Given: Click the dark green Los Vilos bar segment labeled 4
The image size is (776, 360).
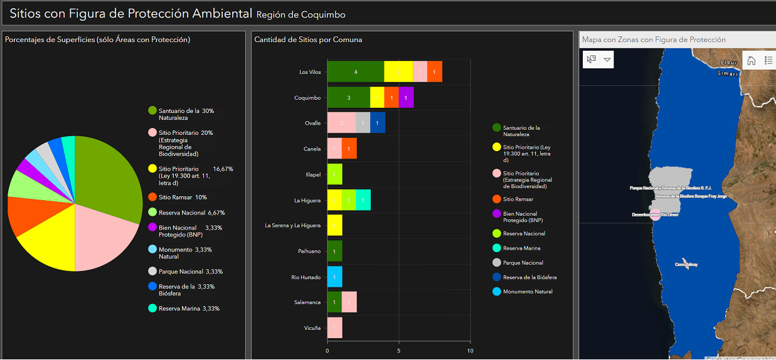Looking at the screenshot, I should (355, 72).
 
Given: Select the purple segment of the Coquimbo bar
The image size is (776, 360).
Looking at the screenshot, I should (406, 98).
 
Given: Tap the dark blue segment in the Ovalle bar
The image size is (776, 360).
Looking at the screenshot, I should (378, 123).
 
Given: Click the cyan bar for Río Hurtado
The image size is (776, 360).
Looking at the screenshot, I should (334, 277).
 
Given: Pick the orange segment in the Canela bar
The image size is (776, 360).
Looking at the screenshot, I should (349, 149).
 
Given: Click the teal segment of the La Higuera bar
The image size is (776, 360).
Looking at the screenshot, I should (363, 200).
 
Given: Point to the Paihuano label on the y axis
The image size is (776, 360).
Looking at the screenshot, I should (309, 251).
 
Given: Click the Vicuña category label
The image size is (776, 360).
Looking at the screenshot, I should (312, 328).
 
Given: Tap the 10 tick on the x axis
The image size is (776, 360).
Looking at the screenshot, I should (470, 351).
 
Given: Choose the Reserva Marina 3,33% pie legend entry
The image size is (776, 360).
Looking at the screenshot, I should (185, 309).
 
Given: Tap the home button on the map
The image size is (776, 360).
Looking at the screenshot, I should (752, 60).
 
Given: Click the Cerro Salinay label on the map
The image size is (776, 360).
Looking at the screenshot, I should (686, 265).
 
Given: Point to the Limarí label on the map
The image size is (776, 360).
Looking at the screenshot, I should (728, 74).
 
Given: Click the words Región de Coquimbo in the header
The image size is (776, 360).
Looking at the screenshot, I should (301, 14).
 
